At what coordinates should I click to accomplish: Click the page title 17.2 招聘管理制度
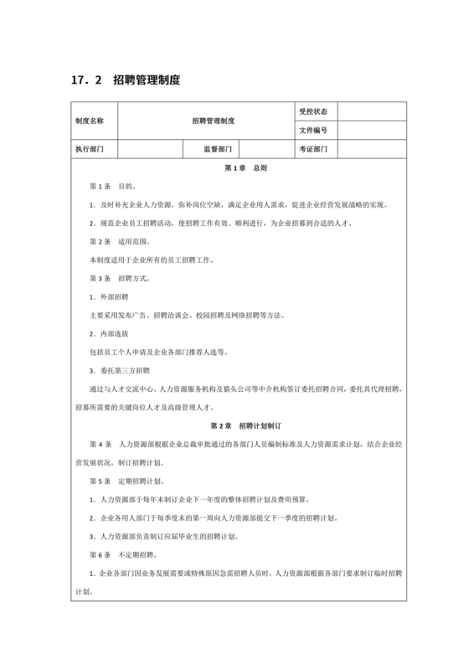[126, 80]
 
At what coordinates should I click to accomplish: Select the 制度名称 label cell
[90, 121]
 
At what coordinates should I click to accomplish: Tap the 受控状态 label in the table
[313, 111]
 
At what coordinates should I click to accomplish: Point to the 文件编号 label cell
[313, 131]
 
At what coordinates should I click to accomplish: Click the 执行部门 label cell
[90, 149]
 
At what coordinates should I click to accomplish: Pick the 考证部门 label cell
[313, 149]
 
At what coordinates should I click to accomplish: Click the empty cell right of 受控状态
[373, 111]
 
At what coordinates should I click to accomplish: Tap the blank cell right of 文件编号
[373, 131]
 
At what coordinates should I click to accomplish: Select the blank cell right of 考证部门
[373, 149]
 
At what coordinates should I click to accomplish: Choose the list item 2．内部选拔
[109, 333]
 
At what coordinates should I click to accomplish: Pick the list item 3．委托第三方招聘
[119, 370]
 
